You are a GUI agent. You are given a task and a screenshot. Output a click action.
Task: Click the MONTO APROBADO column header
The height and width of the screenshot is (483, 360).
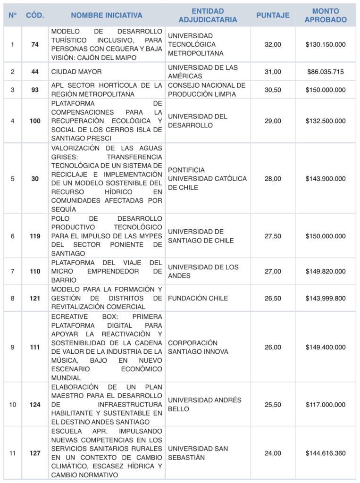coord(326,16)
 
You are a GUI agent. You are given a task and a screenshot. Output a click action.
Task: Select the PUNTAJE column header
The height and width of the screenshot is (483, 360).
coord(273,16)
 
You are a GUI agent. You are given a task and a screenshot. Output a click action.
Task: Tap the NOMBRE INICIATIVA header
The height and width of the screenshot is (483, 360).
coord(107,16)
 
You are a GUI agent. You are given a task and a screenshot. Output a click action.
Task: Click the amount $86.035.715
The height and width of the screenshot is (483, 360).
coord(326,72)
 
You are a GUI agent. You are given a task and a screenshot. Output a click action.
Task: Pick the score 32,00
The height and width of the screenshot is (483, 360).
coord(273,44)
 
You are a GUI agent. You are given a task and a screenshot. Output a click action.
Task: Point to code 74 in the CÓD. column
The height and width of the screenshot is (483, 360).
coord(35,44)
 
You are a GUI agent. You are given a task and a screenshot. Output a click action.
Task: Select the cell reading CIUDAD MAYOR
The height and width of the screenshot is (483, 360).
coord(76,72)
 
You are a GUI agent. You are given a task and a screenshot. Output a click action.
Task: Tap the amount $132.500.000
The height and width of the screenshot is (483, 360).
coord(326,121)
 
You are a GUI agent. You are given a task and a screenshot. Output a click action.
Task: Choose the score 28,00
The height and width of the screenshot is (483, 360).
coord(273,179)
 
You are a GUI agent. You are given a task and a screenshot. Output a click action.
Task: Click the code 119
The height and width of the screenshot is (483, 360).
coord(35,236)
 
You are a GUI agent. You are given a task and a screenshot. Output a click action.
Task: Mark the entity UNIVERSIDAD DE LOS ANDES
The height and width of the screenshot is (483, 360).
coord(203,271)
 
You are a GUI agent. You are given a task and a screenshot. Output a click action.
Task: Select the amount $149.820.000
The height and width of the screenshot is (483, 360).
coord(326,271)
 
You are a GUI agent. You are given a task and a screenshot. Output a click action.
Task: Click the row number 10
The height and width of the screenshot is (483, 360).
coord(12,405)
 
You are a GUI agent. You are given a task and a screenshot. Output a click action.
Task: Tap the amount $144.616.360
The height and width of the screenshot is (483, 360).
coord(326,453)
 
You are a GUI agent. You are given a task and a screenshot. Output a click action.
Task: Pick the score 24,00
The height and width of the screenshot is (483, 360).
coord(273,453)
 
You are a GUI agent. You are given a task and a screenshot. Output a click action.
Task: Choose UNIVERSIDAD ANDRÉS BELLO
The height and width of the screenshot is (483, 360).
coord(204,405)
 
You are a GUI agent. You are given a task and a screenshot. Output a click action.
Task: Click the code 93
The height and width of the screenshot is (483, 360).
coord(35,90)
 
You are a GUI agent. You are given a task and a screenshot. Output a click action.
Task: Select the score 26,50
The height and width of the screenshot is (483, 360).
coord(273,298)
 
